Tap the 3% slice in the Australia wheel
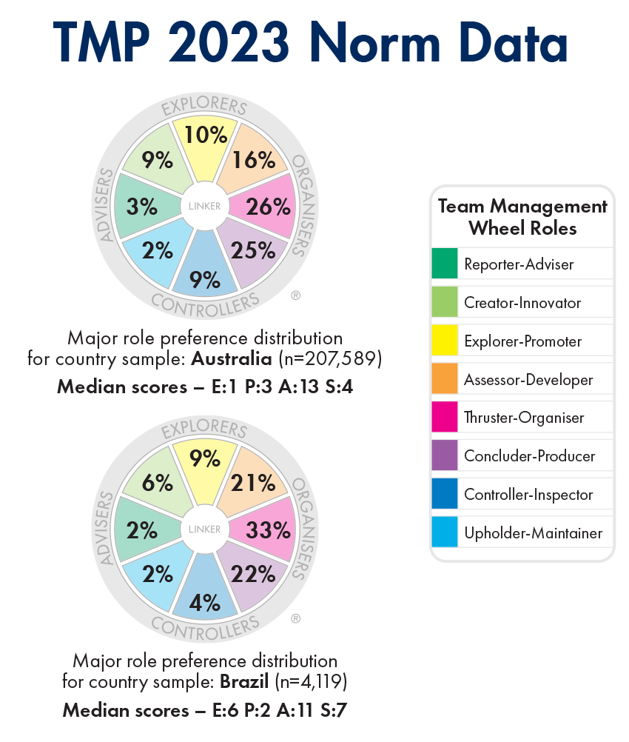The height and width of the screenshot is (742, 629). click(141, 207)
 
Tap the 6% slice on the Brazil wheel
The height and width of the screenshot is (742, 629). click(157, 484)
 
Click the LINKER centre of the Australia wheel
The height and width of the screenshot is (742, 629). click(205, 206)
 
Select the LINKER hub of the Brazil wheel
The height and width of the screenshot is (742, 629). click(205, 529)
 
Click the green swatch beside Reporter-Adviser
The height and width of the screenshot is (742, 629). click(444, 264)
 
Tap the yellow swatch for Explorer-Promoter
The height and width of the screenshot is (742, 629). click(444, 341)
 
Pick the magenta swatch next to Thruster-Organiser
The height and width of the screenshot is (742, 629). click(444, 418)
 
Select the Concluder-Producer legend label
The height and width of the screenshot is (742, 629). click(529, 456)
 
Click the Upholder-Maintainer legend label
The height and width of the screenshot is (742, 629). click(533, 533)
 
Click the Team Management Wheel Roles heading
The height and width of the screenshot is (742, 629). click(522, 217)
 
